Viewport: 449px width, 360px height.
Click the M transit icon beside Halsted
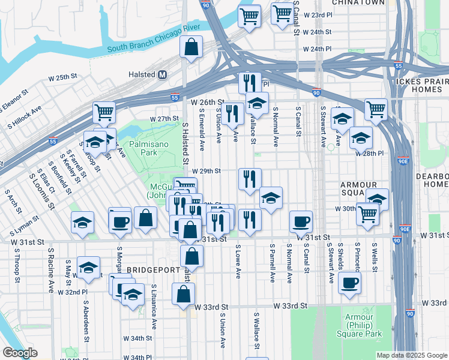(x=161, y=74)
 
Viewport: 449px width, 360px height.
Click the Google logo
(x=20, y=353)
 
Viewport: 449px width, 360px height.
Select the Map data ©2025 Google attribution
(x=411, y=355)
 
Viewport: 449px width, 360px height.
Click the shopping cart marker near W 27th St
(x=104, y=112)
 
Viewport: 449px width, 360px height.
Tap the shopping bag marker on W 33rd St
(x=183, y=294)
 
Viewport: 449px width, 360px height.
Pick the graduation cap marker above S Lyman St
(x=82, y=223)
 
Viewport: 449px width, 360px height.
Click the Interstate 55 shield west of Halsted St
(x=175, y=97)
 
